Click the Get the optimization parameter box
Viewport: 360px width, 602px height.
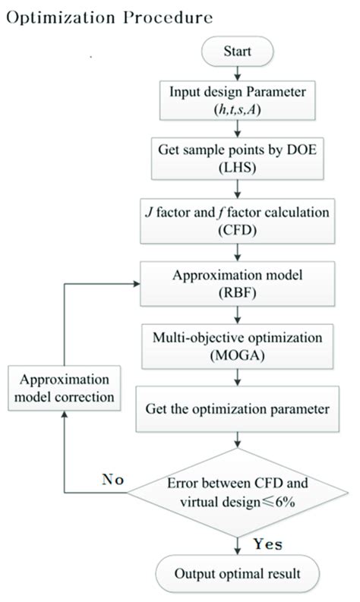point(239,408)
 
